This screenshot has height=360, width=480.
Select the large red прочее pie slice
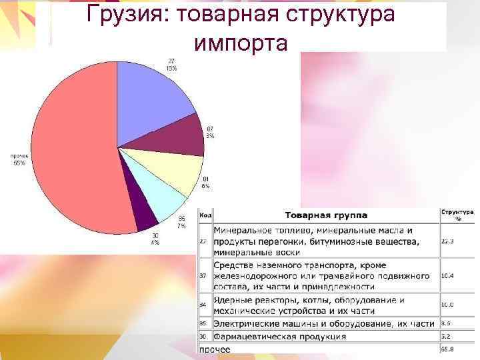point(73,147)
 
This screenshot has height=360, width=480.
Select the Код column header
point(205,215)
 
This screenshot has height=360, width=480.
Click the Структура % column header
point(457,214)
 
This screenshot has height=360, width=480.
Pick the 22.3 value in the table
point(447,242)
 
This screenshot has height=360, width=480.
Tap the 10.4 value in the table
point(447,275)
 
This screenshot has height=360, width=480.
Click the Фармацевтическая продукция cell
point(280,337)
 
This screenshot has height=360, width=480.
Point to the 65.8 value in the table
point(447,349)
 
